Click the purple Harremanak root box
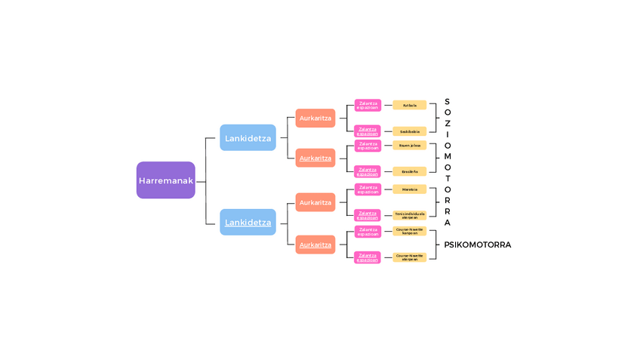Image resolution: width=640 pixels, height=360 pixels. (x=165, y=180)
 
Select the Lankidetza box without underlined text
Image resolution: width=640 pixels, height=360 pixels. (x=248, y=138)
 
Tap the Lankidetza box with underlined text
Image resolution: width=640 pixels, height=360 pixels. (x=248, y=223)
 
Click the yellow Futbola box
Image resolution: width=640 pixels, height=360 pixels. (x=409, y=106)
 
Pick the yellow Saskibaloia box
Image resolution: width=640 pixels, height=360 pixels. (x=409, y=131)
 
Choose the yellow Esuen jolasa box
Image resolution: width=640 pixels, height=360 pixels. (x=409, y=145)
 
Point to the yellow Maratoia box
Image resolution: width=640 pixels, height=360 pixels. (x=409, y=189)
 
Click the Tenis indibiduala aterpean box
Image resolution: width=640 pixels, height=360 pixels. (x=409, y=215)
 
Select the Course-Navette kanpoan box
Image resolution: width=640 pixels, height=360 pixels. (x=409, y=231)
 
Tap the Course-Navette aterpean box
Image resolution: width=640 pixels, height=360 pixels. (x=409, y=257)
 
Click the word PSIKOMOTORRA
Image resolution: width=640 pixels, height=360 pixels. (x=477, y=245)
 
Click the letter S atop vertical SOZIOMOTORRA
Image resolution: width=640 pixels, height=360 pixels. (x=447, y=102)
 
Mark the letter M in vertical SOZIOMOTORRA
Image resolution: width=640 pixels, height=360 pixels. (x=447, y=156)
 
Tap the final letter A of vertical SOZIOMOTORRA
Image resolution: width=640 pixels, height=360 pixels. (x=447, y=223)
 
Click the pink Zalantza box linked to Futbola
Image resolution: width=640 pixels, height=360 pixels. (x=368, y=106)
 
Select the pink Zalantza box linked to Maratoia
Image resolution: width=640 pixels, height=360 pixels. (x=368, y=189)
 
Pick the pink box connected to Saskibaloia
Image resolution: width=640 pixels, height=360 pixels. (x=368, y=131)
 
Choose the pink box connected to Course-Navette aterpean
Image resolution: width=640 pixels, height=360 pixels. (x=368, y=257)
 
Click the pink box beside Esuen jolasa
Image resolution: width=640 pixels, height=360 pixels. (x=368, y=145)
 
